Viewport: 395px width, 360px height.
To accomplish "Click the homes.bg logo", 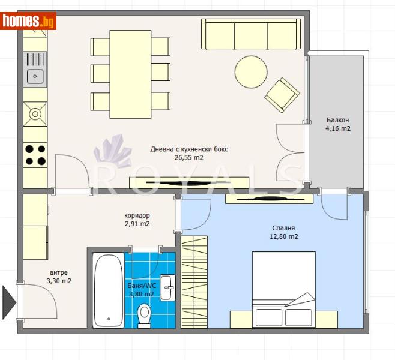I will pos(28,22).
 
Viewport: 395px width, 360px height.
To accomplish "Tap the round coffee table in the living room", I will pos(251,72).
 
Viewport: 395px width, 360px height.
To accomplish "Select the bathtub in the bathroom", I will pos(109,290).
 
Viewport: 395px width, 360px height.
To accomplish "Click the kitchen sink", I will pos(35,76).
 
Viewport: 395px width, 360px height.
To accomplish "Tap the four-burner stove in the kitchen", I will pos(35,155).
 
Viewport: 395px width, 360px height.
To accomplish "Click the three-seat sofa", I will pos(251,34).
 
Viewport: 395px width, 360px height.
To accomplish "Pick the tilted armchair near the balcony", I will pos(282,95).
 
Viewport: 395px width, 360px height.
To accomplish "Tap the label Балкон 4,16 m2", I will pos(338,124).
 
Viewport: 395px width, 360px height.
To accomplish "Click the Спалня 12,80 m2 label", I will pos(284,232).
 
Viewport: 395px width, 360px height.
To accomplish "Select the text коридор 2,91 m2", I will pos(137,220).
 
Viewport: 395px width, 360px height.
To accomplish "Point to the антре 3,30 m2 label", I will pos(59,277).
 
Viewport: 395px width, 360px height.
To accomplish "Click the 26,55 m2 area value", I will pos(189,158).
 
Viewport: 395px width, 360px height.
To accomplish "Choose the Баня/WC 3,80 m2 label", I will pos(141,290).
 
